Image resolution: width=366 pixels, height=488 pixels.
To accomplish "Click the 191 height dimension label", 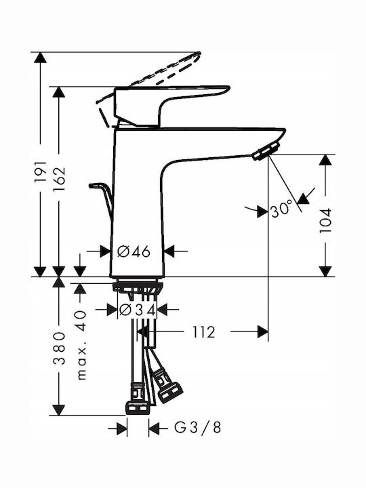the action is click(40, 171).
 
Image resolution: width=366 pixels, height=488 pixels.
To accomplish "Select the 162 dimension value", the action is click(59, 179).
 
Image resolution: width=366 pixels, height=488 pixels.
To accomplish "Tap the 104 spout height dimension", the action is click(325, 221).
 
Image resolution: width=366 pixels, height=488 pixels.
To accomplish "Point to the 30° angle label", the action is click(282, 209).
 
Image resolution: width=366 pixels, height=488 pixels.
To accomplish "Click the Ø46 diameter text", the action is click(134, 251).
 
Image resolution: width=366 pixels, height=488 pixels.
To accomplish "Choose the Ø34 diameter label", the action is click(137, 309).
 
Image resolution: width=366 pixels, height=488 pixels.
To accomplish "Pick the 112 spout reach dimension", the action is click(203, 332).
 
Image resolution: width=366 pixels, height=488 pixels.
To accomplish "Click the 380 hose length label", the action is click(59, 348).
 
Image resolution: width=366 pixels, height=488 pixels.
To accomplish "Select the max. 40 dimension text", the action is click(81, 345).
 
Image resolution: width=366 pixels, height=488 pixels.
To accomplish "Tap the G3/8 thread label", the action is click(198, 427).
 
